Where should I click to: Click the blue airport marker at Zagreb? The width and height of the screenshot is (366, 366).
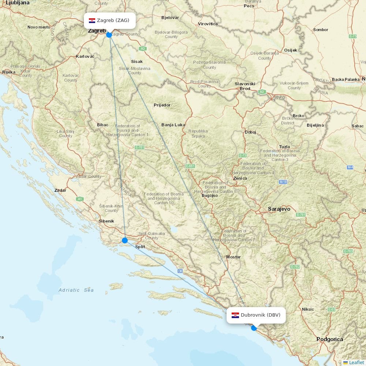(109, 35)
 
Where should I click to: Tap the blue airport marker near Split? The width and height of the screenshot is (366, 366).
(125, 240)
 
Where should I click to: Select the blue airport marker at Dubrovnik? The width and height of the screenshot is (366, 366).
(254, 328)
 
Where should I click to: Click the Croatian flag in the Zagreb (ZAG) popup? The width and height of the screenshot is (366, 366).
(92, 20)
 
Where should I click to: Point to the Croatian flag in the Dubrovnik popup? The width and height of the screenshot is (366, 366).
(235, 315)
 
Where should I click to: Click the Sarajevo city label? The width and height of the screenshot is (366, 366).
(279, 209)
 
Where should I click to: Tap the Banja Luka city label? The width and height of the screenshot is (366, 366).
(173, 125)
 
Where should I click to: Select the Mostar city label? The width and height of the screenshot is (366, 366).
(233, 257)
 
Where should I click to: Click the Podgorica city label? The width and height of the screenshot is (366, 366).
(330, 339)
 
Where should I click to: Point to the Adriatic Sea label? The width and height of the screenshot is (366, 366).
(76, 290)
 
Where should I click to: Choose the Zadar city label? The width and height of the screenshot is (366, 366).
(60, 190)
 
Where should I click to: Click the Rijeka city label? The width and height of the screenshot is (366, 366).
(9, 72)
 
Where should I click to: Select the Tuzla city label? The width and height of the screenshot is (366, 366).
(284, 147)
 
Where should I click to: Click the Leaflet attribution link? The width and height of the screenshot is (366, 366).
(356, 362)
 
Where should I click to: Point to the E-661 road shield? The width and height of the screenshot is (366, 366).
(190, 166)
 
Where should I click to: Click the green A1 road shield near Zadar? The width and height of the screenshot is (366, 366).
(80, 199)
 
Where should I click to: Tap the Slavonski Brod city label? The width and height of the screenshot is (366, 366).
(245, 86)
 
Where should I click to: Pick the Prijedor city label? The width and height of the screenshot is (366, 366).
(162, 105)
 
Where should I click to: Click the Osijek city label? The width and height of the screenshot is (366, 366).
(291, 50)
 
